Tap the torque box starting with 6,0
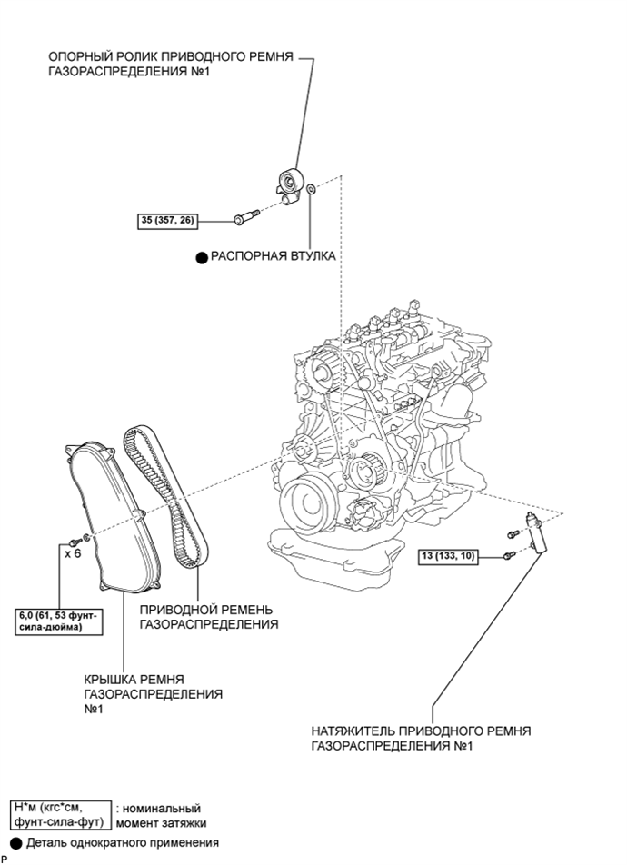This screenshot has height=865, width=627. [58, 621]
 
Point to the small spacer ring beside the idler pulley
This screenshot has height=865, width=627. [311, 189]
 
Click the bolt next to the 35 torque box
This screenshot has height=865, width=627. [247, 215]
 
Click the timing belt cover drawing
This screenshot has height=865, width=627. [104, 518]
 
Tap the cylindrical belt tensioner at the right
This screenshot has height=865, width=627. [534, 532]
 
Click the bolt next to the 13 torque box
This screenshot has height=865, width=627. [509, 556]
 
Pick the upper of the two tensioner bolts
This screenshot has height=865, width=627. [513, 534]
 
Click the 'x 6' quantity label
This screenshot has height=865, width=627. [73, 552]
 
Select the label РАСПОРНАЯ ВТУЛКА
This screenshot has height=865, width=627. [274, 256]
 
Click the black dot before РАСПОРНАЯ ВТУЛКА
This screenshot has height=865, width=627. [202, 257]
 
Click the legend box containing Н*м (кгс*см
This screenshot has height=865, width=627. [61, 815]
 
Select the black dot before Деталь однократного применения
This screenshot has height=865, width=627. [16, 843]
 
